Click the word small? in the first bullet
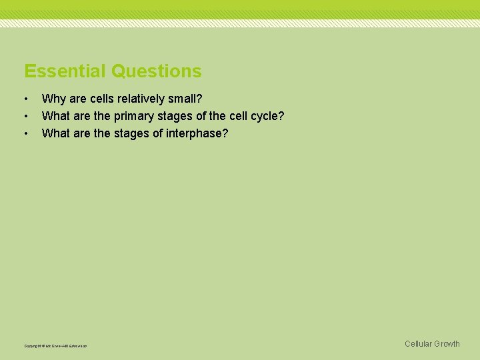click(185, 99)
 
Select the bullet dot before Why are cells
click(26, 99)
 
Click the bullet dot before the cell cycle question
click(26, 117)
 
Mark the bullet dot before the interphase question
click(26, 134)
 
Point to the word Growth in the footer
click(447, 344)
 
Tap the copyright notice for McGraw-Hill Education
click(55, 346)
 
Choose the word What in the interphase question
click(55, 133)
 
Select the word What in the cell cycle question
click(55, 116)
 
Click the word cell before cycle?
click(239, 116)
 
